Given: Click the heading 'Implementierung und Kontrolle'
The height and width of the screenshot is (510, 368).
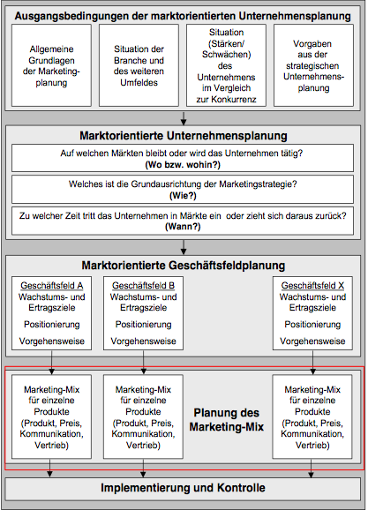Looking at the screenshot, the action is pos(183,488).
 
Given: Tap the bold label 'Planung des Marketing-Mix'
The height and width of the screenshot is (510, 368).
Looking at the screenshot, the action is pos(227,420).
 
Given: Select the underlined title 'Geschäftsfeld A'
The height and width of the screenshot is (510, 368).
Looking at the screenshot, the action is pos(52,286).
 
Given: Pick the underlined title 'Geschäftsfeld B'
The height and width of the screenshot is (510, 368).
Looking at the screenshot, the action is pos(143,286).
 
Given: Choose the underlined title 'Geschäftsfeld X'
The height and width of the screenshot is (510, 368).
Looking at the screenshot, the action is pos(312,286).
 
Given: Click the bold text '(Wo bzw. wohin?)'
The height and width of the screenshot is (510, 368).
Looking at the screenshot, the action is pos(183,165).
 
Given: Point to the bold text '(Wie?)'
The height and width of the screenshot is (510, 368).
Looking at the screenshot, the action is pos(183,196).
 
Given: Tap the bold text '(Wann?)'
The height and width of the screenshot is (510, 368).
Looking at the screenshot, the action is pos(183,227).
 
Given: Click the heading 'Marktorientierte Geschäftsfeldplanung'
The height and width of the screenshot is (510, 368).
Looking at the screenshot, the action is pos(184,266).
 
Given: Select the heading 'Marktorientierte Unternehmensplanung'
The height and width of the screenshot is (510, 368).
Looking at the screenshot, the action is pos(184,136).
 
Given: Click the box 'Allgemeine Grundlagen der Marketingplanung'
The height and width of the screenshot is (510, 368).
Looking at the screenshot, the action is pos(51,65).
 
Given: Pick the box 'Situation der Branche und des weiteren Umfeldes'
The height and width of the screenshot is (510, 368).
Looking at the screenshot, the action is pos(139,65).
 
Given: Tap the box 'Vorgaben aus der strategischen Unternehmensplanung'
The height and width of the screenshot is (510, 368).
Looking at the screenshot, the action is pos(313,65).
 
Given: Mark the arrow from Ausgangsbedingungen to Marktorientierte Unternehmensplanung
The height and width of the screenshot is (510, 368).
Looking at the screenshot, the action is pos(184,119).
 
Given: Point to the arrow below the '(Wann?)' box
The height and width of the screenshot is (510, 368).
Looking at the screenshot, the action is pos(184,247).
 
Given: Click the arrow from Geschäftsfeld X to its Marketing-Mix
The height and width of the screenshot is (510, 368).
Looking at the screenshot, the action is pos(312,363).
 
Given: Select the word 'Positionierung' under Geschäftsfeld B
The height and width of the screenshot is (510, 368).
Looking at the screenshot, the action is pos(143,325).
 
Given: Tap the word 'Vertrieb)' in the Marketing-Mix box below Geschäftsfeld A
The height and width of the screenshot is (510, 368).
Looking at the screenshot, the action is pos(52,445).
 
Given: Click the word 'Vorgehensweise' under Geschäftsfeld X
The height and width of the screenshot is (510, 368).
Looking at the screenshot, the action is pos(312,341).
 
